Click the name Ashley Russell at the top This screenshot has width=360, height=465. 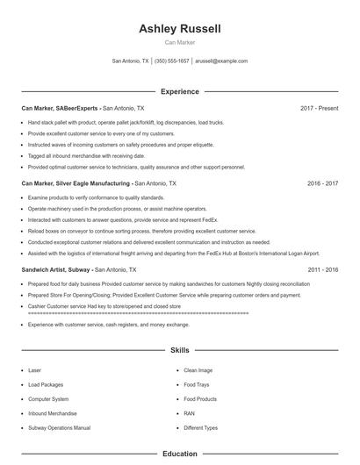coord(180,29)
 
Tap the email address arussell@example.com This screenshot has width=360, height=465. coord(220,61)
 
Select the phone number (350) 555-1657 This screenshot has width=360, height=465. coord(172,61)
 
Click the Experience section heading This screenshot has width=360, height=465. coord(180,91)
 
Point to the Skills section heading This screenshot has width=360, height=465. coord(180,350)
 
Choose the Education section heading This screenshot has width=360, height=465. coord(180,454)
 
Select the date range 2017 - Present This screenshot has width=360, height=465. coord(319,108)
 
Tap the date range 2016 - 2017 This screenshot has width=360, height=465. coord(322,184)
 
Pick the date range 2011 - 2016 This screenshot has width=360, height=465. coord(322,270)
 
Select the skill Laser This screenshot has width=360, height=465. coord(35,371)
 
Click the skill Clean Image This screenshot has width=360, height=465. coord(198,371)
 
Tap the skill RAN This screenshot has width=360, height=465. coord(189,413)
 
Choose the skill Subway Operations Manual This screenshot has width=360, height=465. coord(59,428)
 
